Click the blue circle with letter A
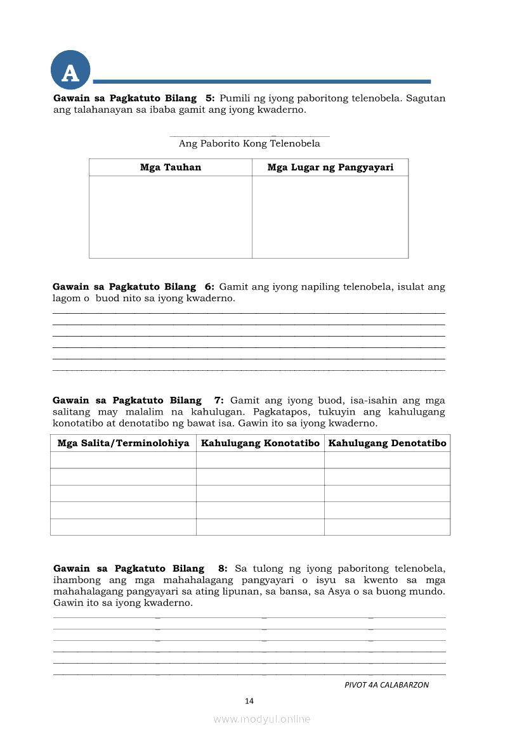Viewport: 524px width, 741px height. tap(70, 71)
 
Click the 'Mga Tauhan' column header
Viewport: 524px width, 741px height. tap(170, 167)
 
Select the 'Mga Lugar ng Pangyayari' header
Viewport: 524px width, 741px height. tap(330, 167)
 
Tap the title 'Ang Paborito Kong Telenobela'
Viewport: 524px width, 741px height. tap(249, 143)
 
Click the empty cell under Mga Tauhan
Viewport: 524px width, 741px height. tap(170, 217)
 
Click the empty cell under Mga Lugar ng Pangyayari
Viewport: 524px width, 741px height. tap(330, 217)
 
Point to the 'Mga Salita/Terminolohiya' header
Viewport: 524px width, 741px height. tap(123, 443)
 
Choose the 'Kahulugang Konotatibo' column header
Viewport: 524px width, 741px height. tap(260, 443)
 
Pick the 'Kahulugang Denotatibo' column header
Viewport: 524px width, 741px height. tap(387, 443)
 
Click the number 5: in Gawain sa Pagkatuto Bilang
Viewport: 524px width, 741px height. tap(210, 98)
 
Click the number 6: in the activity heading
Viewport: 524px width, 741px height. tap(210, 287)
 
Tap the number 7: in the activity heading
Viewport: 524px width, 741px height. tap(219, 401)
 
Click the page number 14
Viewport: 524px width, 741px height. tap(249, 700)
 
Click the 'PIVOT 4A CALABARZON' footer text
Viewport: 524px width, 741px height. tap(386, 685)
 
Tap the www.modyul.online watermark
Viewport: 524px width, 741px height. tap(262, 719)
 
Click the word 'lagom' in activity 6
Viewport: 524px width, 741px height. tap(65, 298)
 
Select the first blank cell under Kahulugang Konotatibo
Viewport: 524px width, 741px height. tap(260, 460)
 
